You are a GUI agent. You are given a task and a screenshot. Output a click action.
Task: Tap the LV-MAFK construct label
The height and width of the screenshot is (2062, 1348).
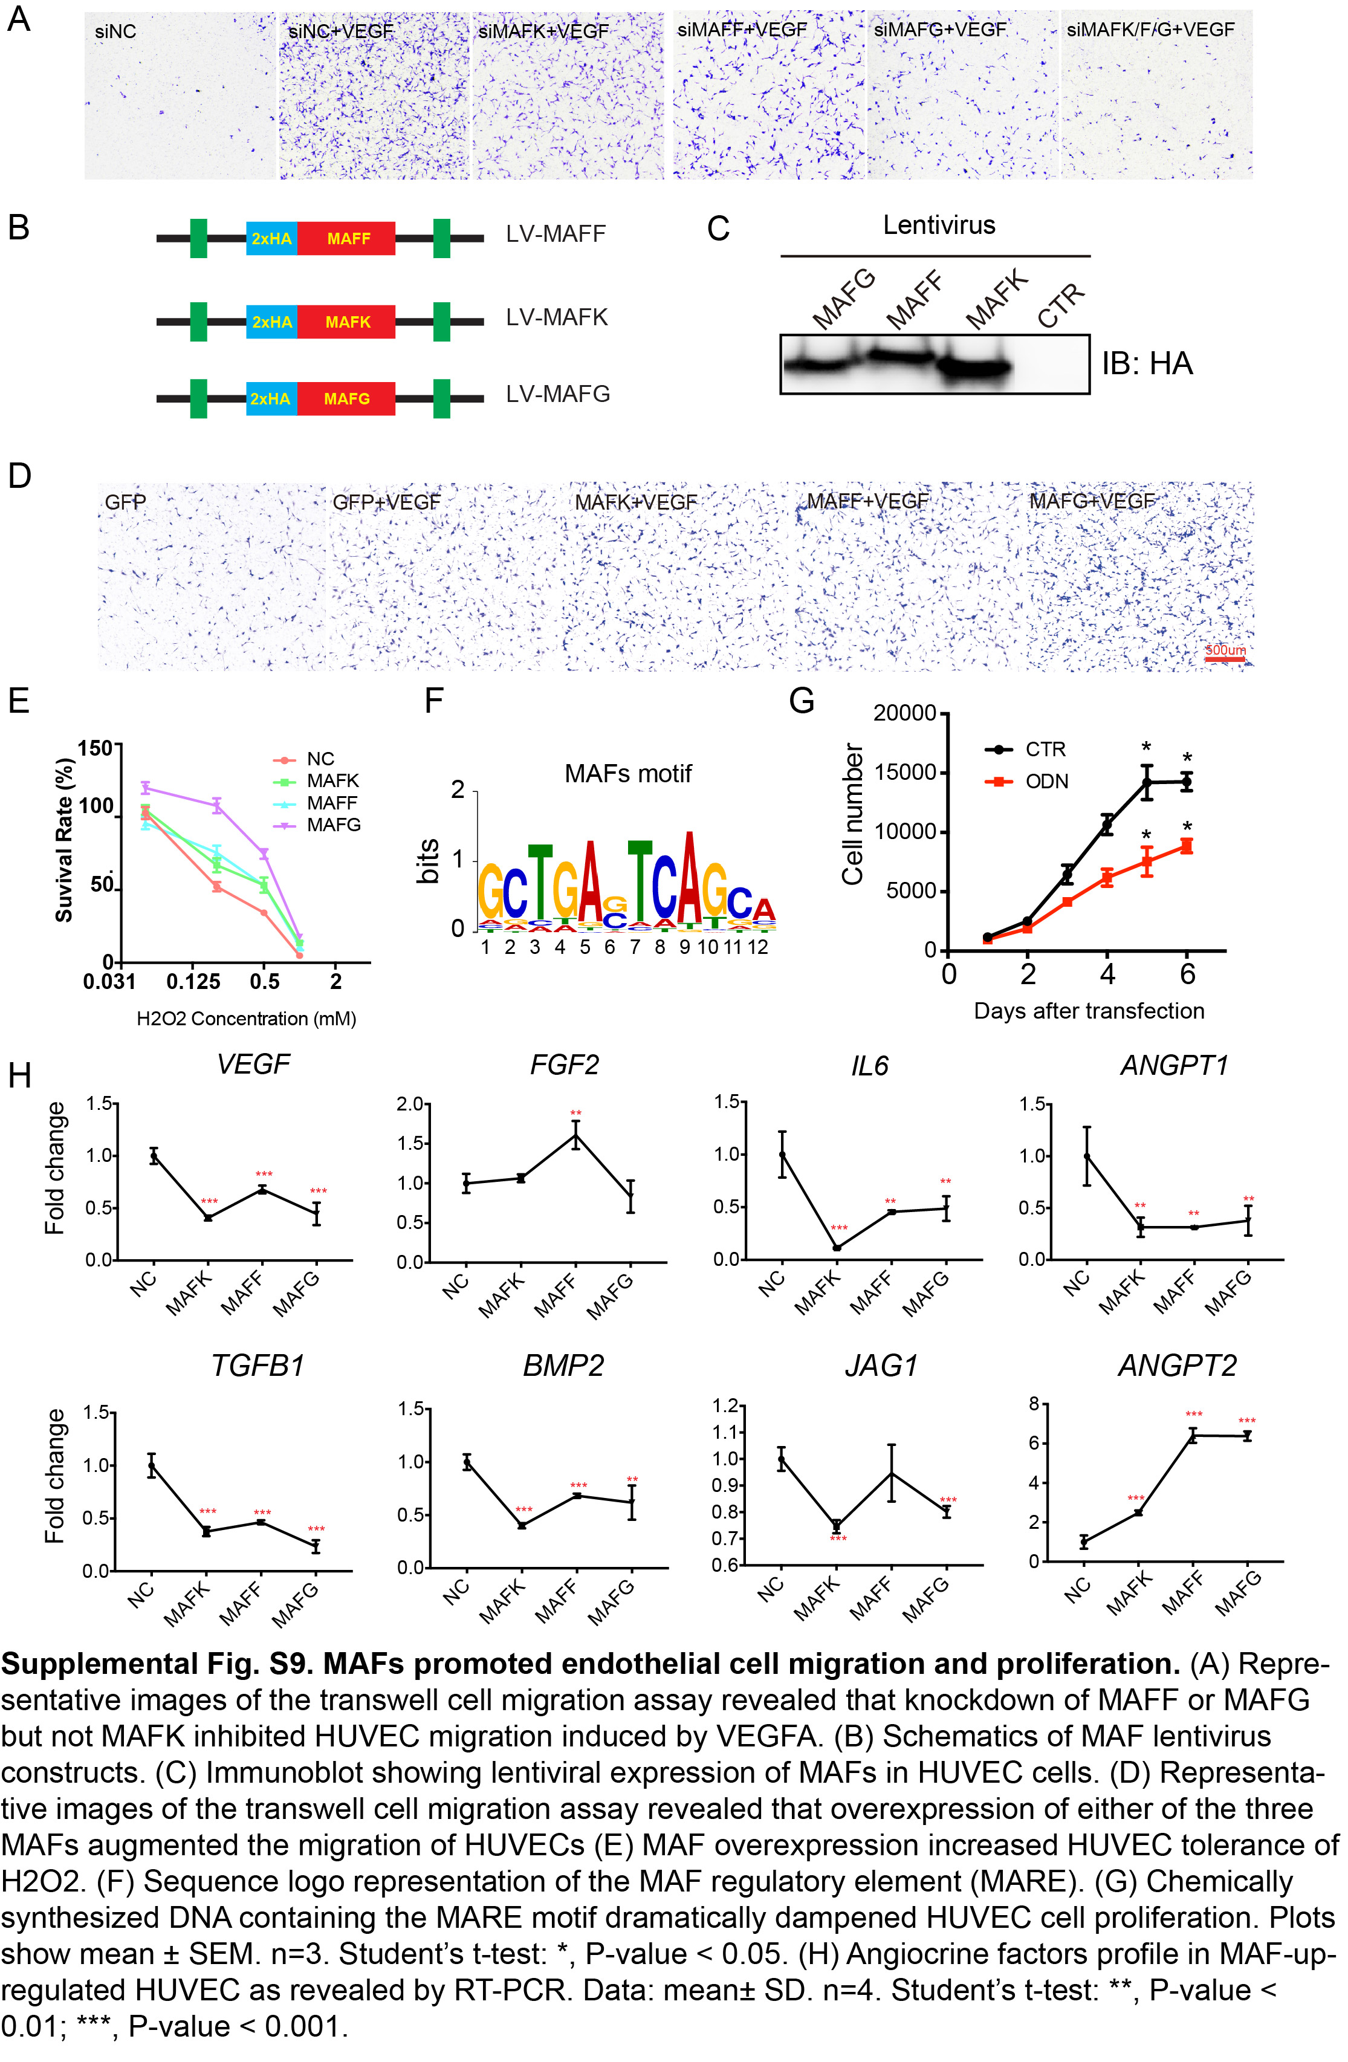point(557,317)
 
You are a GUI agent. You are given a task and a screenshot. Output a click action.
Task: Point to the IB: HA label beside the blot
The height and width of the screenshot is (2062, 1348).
point(1147,364)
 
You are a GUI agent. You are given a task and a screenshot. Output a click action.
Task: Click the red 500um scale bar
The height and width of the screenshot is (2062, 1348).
point(1225,660)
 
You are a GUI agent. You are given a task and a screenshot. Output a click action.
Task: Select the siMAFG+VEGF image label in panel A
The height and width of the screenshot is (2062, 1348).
point(940,30)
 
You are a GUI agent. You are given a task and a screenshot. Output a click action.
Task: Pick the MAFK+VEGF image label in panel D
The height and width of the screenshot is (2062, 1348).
point(636,502)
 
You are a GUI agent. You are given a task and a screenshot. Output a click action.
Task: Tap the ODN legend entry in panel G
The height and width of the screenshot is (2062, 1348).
point(1046,782)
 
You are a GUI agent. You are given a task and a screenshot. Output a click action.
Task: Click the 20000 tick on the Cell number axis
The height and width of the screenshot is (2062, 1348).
point(904,713)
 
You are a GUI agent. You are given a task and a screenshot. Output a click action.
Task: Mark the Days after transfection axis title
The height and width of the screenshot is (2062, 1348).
point(1089,1011)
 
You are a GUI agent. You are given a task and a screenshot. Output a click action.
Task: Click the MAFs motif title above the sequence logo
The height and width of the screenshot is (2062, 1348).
point(628,774)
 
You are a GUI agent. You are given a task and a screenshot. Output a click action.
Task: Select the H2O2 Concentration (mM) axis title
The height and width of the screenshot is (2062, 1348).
point(247,1019)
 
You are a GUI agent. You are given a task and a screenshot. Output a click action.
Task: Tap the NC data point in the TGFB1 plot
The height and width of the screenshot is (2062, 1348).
point(152,1466)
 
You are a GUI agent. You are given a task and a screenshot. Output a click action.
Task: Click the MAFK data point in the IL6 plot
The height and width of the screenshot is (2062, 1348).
point(837,1248)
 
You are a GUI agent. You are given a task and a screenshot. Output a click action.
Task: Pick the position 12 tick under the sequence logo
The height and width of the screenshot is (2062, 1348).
point(758,947)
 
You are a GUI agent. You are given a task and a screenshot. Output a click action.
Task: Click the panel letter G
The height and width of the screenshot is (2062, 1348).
point(802,700)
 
